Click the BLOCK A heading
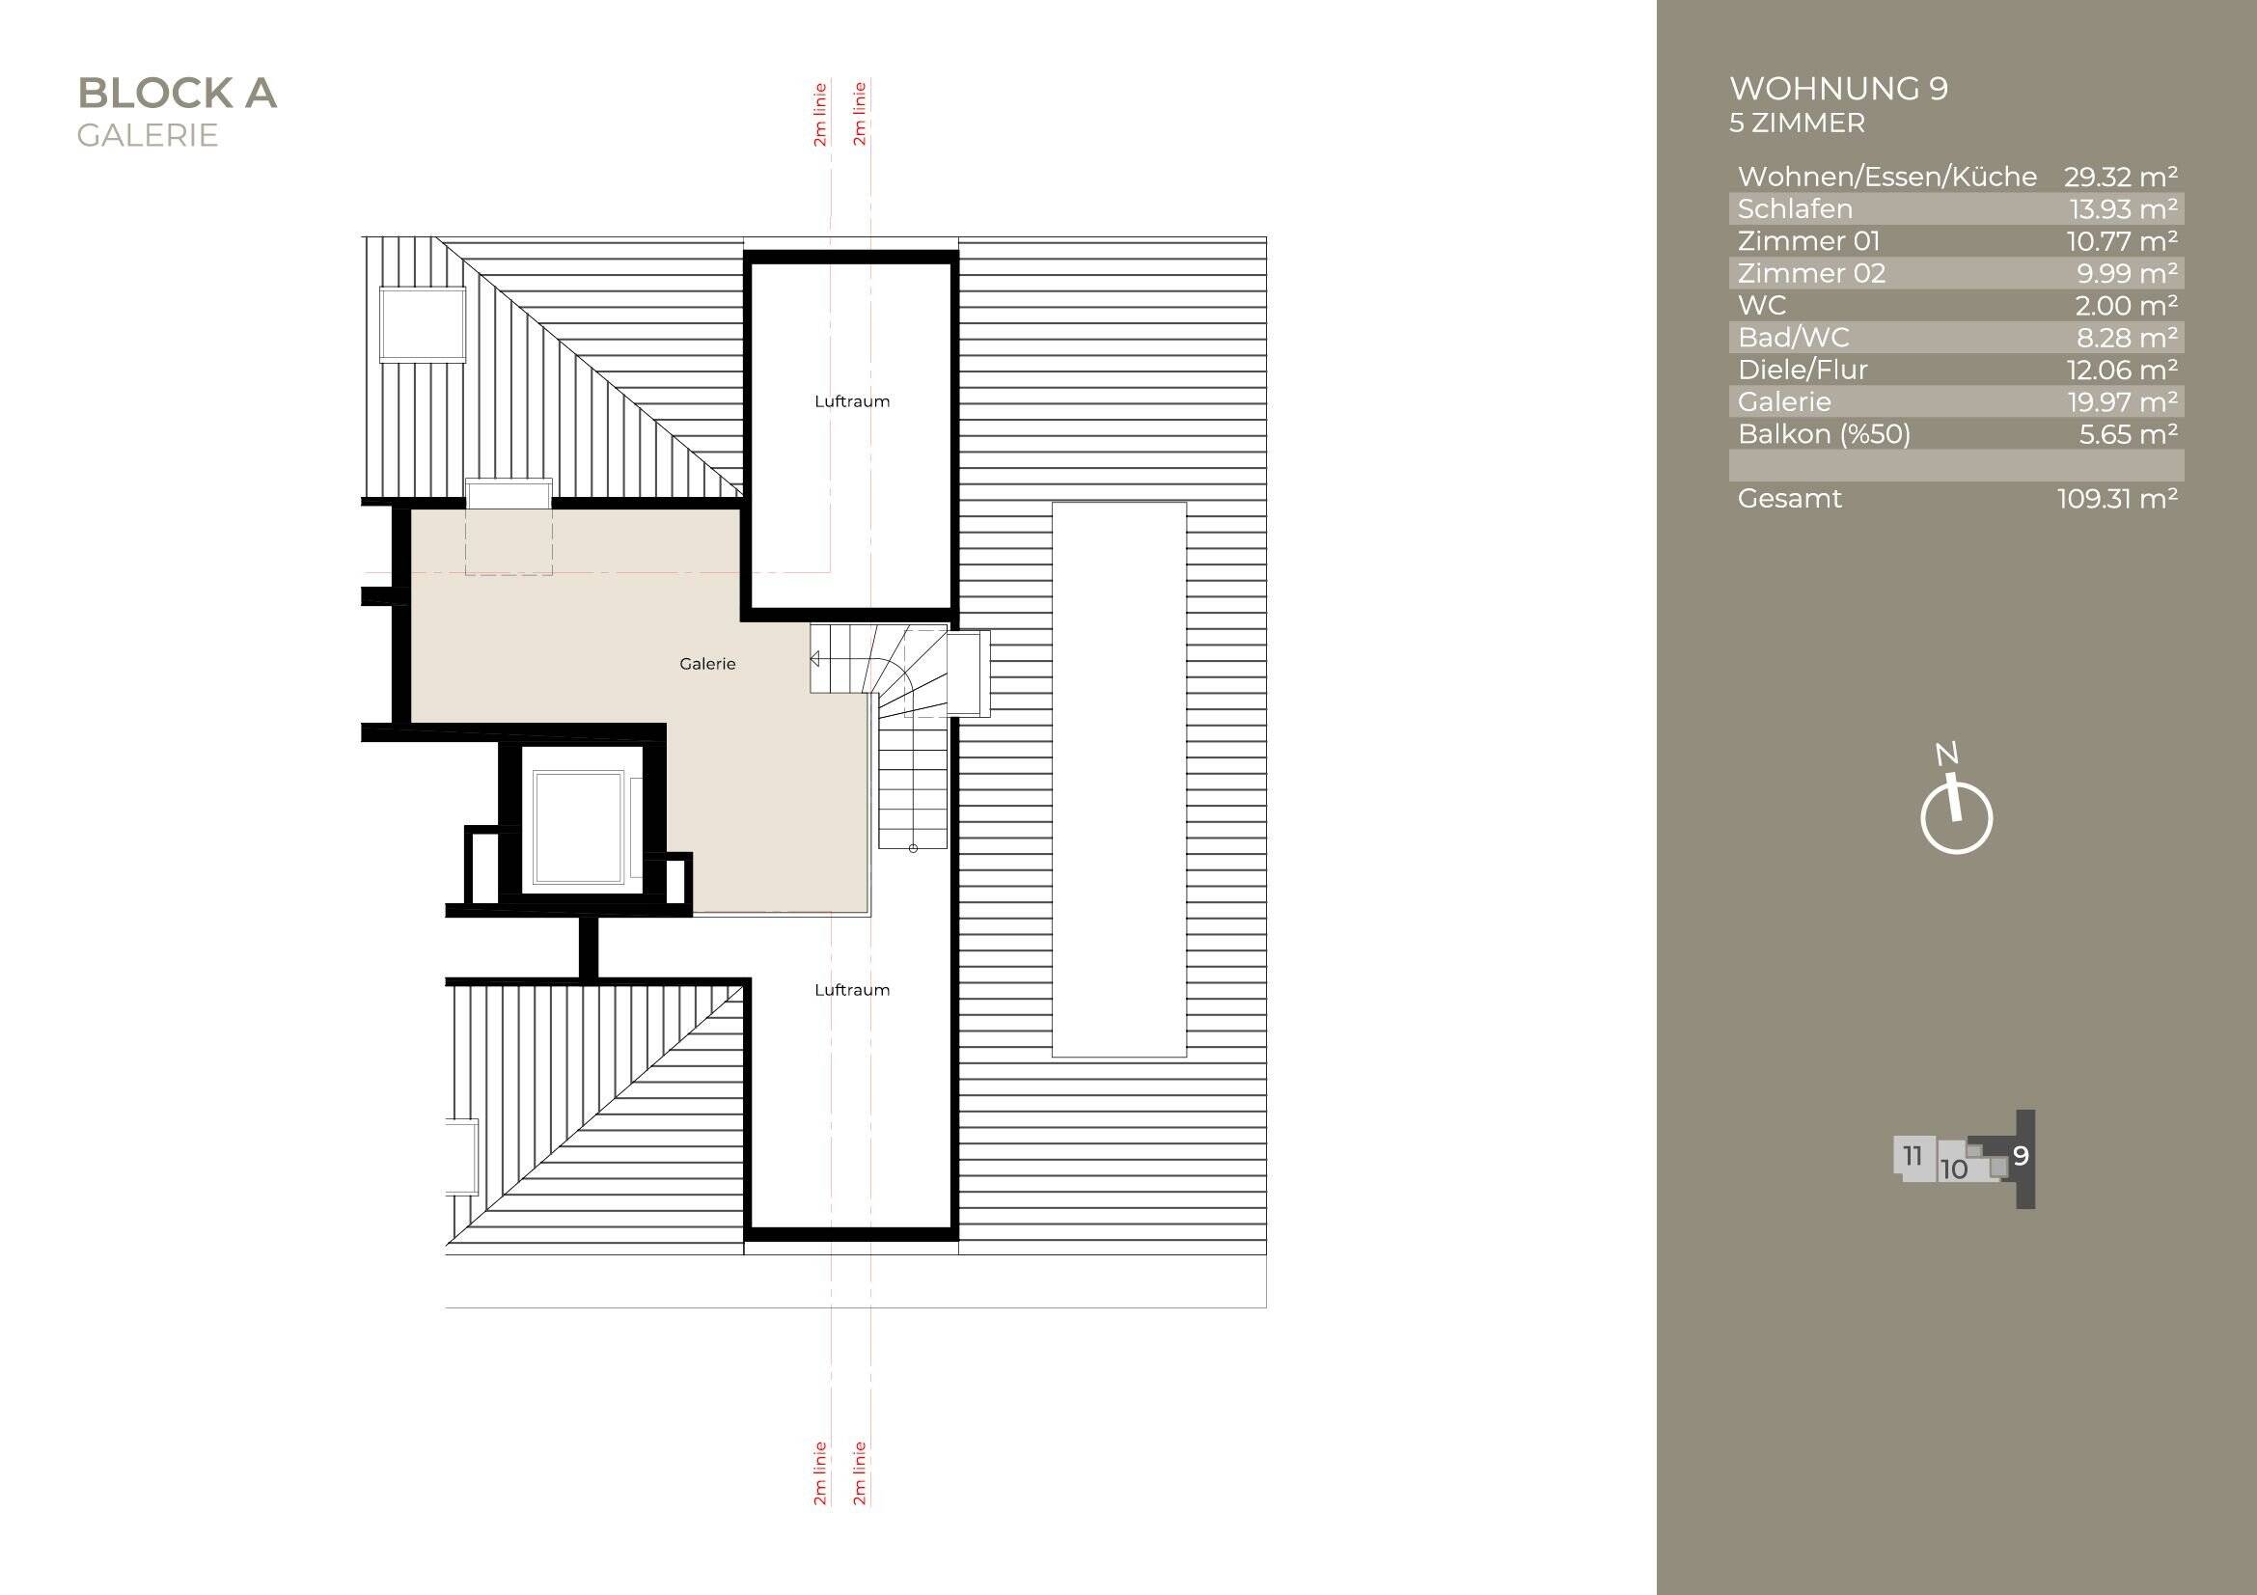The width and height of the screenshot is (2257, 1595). tap(177, 94)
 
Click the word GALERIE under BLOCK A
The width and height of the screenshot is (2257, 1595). tap(148, 136)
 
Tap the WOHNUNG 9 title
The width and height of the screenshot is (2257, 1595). tap(1838, 89)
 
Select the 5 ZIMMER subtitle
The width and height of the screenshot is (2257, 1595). tap(1797, 124)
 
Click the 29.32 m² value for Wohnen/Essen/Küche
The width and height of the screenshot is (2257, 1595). tap(2120, 177)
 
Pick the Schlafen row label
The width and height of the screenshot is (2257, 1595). tap(1795, 209)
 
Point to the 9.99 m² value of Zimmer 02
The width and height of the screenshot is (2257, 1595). tap(2127, 273)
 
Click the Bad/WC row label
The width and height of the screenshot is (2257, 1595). tap(1793, 338)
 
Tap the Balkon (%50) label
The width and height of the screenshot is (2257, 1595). tap(1824, 434)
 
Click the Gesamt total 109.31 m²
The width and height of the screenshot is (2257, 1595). tap(2116, 498)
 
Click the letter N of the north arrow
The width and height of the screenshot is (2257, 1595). tap(1946, 754)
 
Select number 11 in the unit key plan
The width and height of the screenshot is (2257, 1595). tap(1912, 1156)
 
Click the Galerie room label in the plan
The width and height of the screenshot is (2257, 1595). tap(706, 664)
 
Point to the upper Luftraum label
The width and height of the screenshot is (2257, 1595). tap(851, 401)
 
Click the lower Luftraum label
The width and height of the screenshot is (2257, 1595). tap(851, 990)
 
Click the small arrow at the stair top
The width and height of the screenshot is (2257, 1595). tap(814, 658)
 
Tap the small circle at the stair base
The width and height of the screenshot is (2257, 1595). tap(913, 848)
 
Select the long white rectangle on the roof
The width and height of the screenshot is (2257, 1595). tap(1118, 780)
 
